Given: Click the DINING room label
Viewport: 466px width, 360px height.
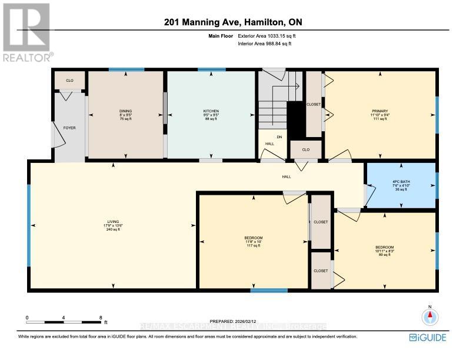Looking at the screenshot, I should [x=125, y=111].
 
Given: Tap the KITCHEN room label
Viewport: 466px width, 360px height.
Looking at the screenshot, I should [x=211, y=111].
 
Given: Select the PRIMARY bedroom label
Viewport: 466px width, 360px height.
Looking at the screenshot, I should [x=380, y=111].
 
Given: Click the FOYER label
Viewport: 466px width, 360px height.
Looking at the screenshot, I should [x=69, y=127].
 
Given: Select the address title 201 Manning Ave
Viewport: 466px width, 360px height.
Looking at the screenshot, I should [x=232, y=22].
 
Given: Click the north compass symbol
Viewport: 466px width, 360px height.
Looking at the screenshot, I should [x=430, y=316].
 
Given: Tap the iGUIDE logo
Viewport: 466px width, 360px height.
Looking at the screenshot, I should [x=428, y=337].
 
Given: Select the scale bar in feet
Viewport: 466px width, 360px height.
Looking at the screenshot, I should [x=64, y=321].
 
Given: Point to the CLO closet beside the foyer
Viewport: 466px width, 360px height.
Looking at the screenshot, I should [x=69, y=80].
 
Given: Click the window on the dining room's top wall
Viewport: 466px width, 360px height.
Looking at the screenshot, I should [x=126, y=70].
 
